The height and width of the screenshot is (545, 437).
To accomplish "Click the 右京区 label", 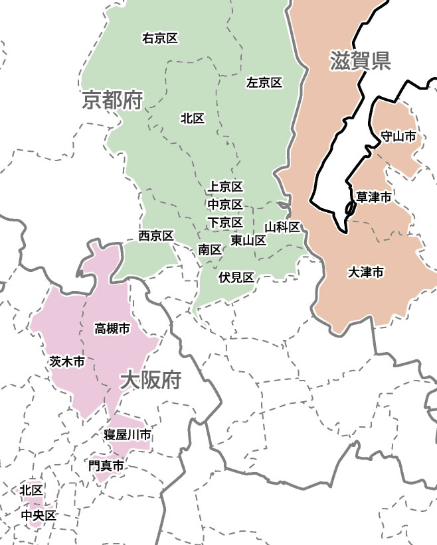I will point(160,38).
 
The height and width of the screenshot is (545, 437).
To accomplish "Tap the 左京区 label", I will point(264,83).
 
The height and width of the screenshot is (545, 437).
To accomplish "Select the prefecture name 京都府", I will point(113,101).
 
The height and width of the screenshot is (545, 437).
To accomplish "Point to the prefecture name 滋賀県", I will point(359,61).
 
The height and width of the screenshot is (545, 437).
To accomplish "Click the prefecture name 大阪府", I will point(151,381).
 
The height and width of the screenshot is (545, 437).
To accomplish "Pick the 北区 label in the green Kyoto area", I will point(192,118).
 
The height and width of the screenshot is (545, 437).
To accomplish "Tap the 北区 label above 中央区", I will point(31,490).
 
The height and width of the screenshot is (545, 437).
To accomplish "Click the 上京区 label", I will point(225,187).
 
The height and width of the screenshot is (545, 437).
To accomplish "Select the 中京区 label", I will point(225,204).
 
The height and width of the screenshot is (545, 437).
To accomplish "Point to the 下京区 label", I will point(225,221).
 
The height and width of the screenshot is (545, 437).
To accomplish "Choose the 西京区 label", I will point(156,235).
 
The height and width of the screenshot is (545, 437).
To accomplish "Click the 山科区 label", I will point(282,227).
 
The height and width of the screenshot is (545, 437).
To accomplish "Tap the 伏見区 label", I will point(237,277).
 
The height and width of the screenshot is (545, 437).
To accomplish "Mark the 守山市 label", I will point(398,136).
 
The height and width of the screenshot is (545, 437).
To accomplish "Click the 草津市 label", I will point(373,197).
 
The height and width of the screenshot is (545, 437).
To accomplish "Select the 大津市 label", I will point(365,272).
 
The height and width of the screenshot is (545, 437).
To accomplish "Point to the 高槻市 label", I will point(112,328).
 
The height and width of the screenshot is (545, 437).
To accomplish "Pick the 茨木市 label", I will point(67,361).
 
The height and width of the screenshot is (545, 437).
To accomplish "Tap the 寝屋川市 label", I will point(127,435).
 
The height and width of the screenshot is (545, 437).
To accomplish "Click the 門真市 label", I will point(106,466).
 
